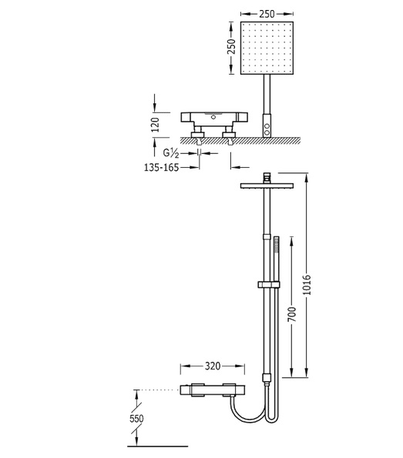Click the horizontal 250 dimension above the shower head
pyautogui.click(x=267, y=14)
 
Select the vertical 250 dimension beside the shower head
pyautogui.click(x=231, y=46)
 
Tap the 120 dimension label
pyautogui.click(x=156, y=125)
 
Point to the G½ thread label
pyautogui.click(x=171, y=153)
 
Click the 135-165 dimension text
pyautogui.click(x=161, y=167)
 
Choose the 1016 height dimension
pyautogui.click(x=307, y=285)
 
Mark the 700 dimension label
pyautogui.click(x=291, y=315)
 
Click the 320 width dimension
pyautogui.click(x=213, y=366)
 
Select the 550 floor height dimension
pyautogui.click(x=136, y=419)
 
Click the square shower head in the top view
pyautogui.click(x=267, y=48)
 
